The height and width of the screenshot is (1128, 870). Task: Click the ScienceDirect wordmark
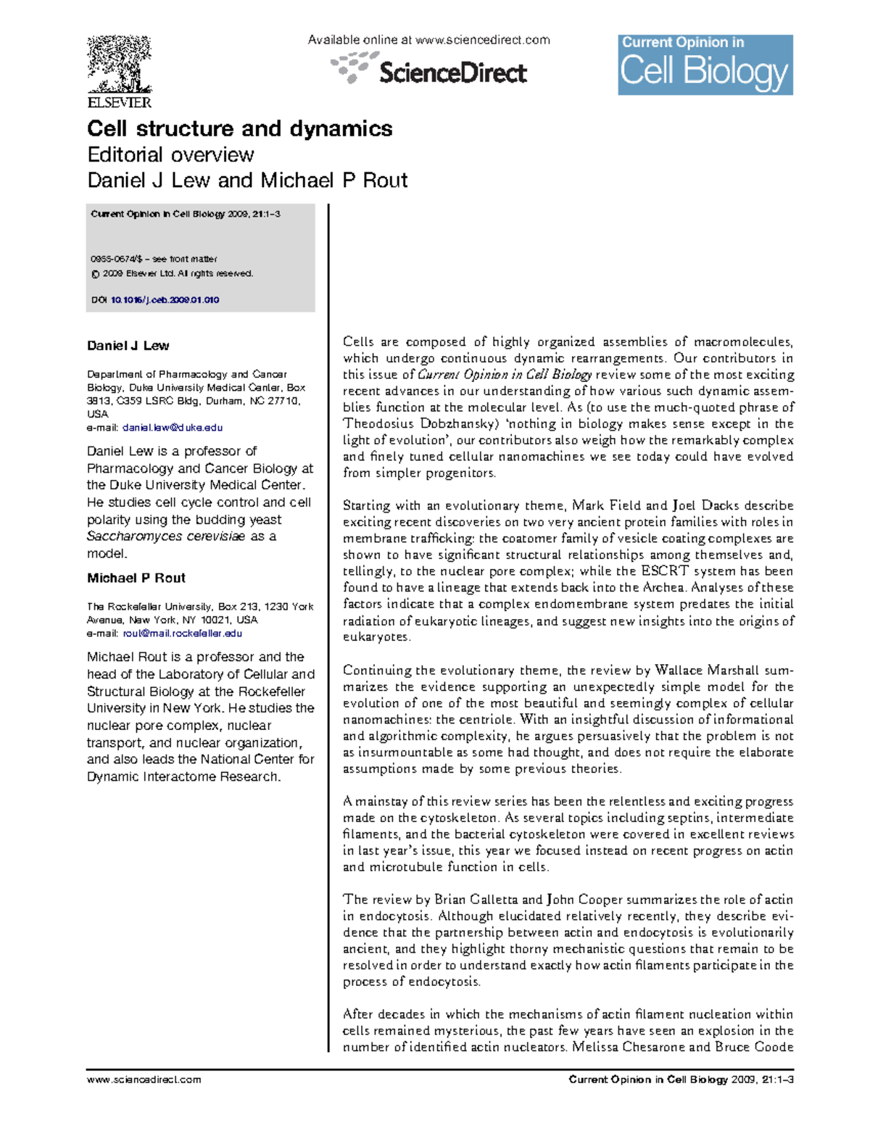click(452, 73)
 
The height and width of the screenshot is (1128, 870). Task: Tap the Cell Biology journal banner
click(705, 65)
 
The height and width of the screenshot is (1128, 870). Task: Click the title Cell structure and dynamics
click(239, 129)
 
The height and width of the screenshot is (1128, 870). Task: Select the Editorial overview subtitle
click(170, 155)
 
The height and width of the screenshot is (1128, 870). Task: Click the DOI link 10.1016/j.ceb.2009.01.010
click(165, 300)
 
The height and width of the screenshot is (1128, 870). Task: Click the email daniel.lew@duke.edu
click(173, 428)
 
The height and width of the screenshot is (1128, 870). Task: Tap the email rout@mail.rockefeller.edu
click(182, 634)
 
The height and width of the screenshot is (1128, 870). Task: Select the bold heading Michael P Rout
click(136, 578)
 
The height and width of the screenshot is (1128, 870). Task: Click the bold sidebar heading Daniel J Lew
click(128, 347)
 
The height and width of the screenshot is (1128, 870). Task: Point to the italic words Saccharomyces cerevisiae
click(166, 537)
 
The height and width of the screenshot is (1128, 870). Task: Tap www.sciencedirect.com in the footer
click(144, 1079)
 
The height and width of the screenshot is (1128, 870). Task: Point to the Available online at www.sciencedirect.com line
click(428, 41)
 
